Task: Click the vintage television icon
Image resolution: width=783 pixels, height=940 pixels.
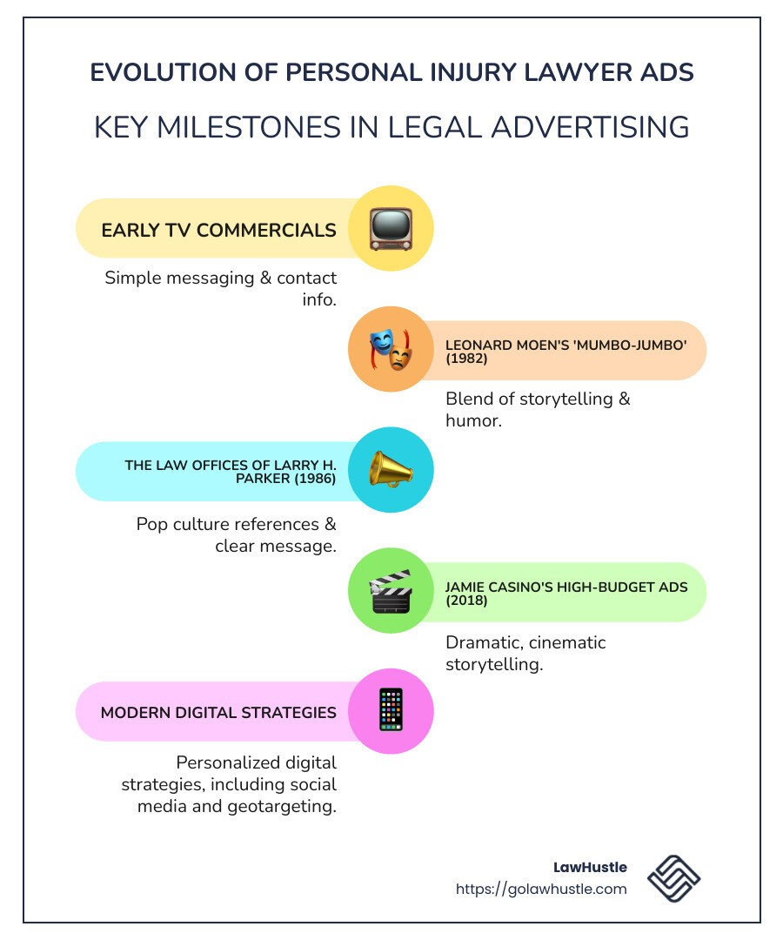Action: click(391, 228)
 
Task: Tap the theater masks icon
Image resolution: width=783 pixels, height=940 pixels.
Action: click(391, 349)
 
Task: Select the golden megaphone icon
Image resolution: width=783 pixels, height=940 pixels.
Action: click(391, 469)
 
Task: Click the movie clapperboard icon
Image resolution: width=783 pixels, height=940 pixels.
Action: click(391, 591)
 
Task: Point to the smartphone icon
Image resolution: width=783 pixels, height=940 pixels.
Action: click(391, 710)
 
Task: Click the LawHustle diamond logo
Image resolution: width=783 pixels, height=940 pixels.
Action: click(673, 878)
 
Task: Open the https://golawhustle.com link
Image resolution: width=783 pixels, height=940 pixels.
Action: click(541, 889)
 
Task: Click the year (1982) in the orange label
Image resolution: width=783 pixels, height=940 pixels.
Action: click(466, 359)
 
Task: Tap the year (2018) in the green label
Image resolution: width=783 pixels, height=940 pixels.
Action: click(466, 601)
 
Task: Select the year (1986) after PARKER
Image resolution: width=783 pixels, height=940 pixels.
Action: click(315, 479)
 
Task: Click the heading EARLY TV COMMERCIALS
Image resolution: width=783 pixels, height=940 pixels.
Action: click(218, 230)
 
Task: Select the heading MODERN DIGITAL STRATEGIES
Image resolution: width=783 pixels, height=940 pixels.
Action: click(218, 713)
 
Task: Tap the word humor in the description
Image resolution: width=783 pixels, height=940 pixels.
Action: click(473, 421)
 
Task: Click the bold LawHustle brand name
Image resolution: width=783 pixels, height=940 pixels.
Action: click(590, 868)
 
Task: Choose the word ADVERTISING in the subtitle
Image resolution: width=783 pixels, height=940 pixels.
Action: click(590, 127)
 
